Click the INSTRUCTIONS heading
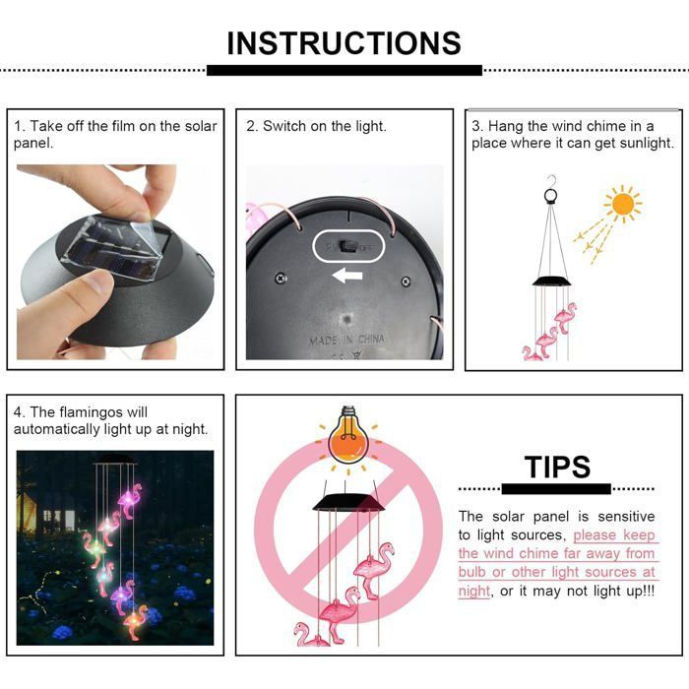point(344,43)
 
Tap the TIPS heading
point(557,467)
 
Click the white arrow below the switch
point(347,276)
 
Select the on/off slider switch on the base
point(347,246)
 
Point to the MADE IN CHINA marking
point(346,340)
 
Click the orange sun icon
point(623,204)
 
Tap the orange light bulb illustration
point(348,435)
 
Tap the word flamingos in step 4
point(91,412)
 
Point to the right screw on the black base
point(406,282)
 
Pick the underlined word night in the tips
point(473,591)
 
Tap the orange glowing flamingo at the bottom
point(137,622)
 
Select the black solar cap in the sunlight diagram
point(552,282)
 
